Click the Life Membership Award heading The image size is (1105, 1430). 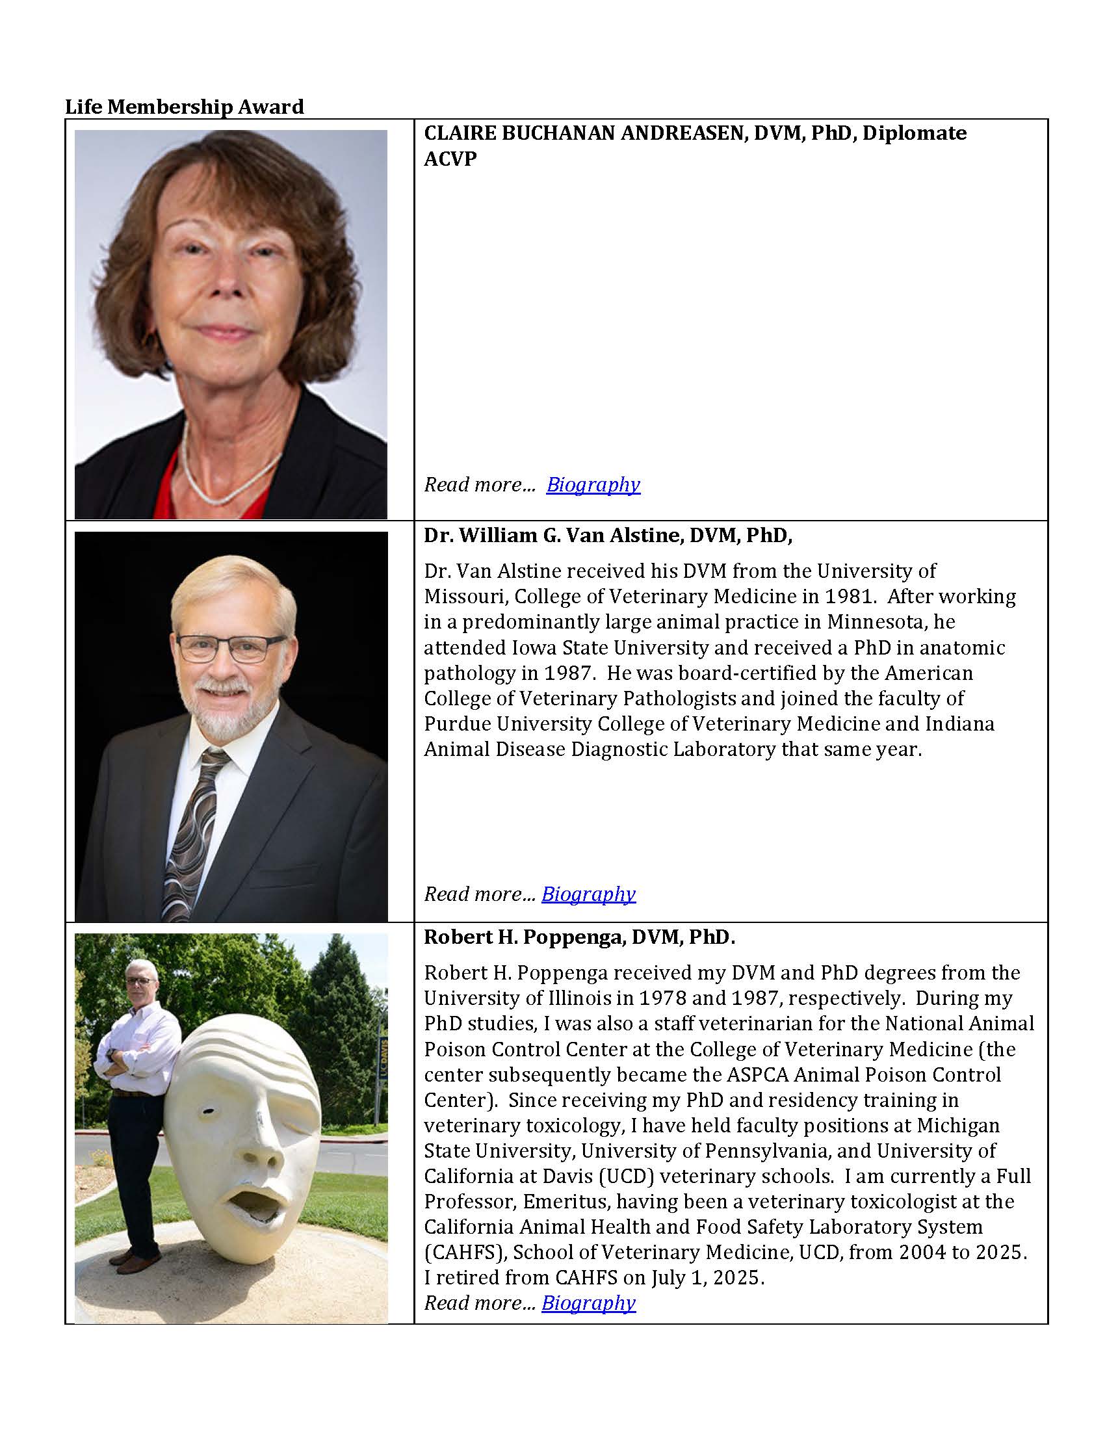[184, 107]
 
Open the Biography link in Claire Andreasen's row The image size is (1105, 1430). [592, 484]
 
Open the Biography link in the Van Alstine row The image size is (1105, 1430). [588, 894]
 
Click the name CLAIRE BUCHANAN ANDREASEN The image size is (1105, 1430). [585, 133]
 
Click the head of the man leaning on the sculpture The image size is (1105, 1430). [142, 980]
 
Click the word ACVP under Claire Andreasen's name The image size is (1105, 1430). [450, 159]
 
